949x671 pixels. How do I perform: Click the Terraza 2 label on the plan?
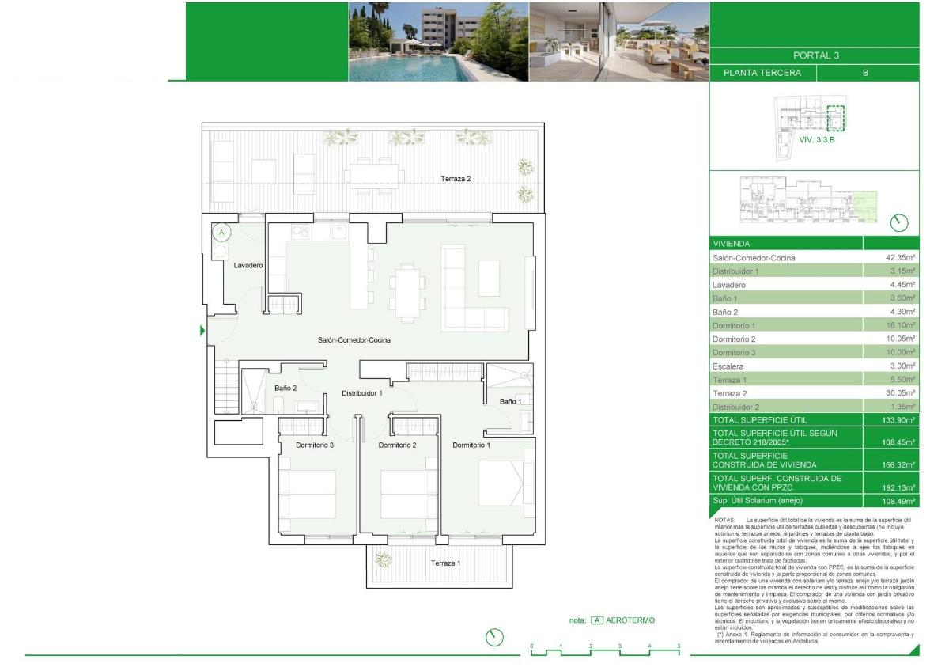[456, 179]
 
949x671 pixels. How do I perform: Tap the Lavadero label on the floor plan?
[248, 266]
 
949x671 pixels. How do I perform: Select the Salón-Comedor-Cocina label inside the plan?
[354, 340]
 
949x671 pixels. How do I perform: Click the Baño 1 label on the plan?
[510, 402]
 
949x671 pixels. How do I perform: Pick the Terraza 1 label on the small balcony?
[444, 563]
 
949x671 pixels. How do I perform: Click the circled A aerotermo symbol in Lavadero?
[222, 233]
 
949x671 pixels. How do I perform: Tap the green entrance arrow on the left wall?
[202, 331]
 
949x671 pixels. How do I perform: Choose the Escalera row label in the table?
[728, 366]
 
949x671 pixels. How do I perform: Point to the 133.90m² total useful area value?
[898, 420]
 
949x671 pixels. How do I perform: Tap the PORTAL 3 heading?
[815, 55]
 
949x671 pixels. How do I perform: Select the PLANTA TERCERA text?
[762, 73]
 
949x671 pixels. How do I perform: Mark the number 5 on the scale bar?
[679, 646]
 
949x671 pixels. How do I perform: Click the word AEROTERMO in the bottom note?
[631, 620]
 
